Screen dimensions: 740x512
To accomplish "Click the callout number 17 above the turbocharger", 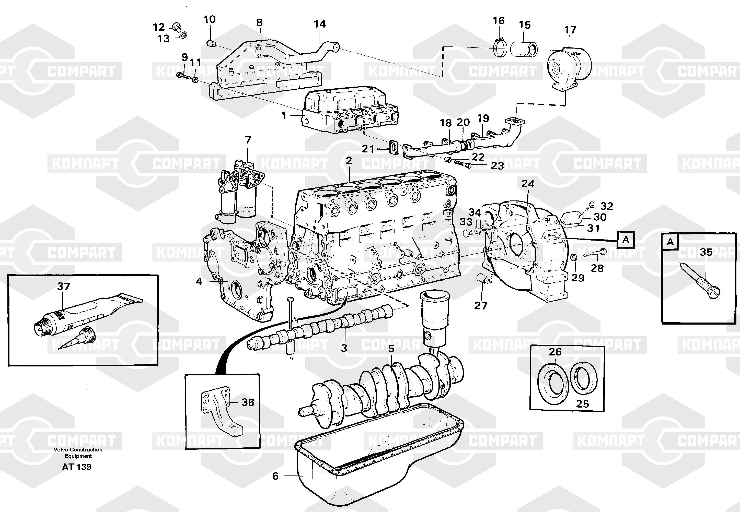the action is pos(570,30).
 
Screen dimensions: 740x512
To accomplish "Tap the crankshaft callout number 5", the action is pos(391,349).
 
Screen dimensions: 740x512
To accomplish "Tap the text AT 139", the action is pos(77,467).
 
